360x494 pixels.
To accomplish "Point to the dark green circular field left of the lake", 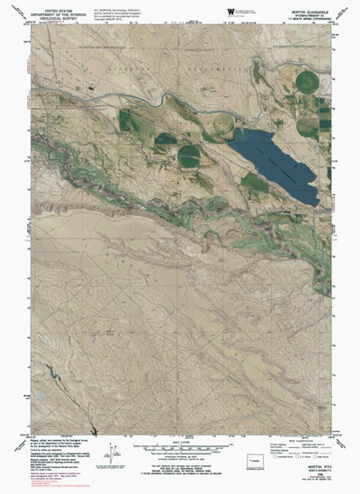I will click(x=189, y=156).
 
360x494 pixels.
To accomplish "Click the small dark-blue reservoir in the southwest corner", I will click(x=45, y=374).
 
